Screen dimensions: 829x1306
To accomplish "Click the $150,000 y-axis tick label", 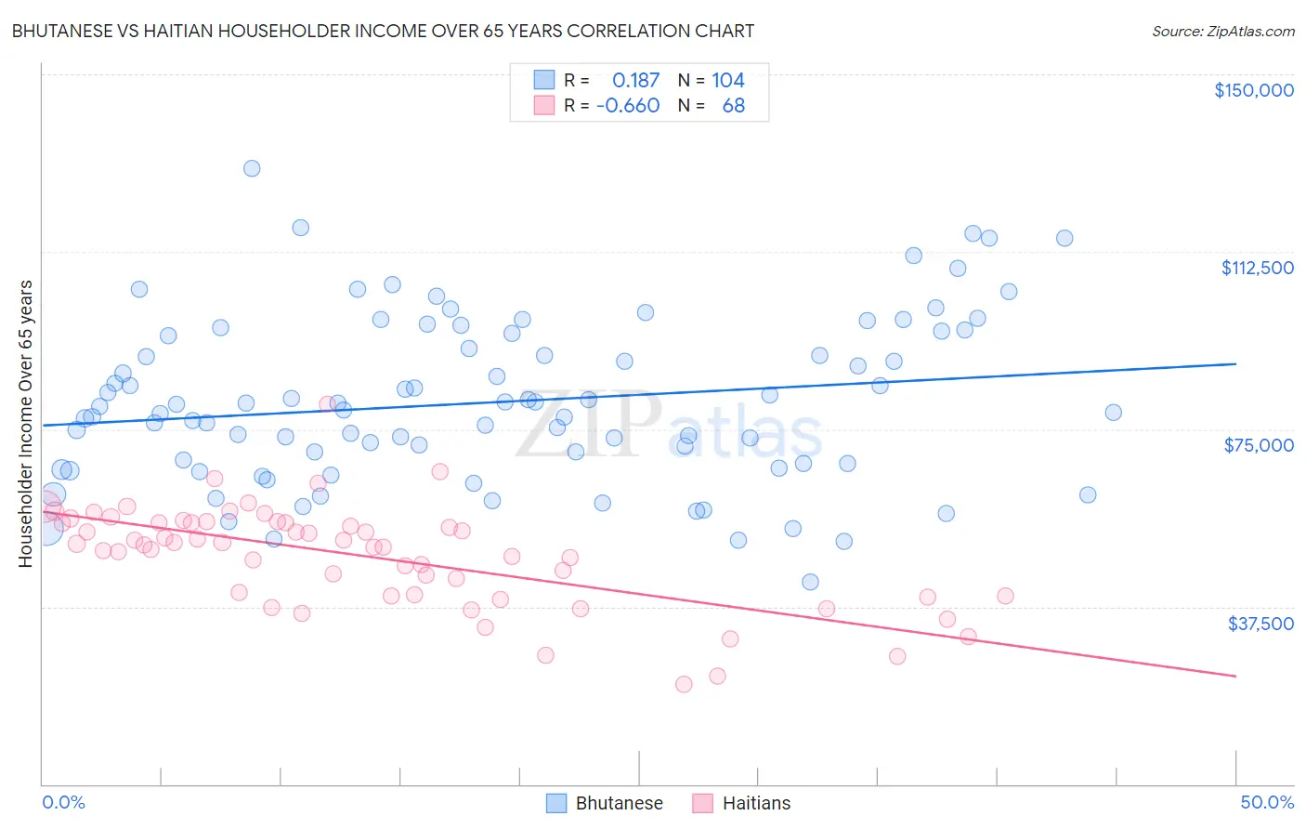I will pos(1253,90).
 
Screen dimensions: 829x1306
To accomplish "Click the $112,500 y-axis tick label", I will pos(1257,268).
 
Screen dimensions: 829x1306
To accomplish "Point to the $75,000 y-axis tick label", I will pos(1259,445).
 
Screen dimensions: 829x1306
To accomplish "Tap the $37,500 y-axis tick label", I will pos(1260,624).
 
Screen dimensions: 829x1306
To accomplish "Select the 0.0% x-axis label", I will pos(63,802).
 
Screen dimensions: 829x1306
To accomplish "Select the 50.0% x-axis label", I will pos(1266,802).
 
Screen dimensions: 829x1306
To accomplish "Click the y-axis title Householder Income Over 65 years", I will pos(26,423).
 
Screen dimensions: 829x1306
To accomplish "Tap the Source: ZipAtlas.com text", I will pos(1222,31).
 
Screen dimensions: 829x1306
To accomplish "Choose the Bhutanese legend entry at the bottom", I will pos(619,803).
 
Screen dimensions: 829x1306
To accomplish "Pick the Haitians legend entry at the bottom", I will pos(756,803).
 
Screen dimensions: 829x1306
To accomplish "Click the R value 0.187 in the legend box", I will pos(635,80).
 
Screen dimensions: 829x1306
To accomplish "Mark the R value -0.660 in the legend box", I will pos(628,105).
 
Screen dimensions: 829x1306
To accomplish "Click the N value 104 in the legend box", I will pos(728,80).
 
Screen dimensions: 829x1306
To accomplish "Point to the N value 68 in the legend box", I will pos(733,105).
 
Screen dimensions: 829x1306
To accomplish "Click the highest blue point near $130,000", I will pos(252,168).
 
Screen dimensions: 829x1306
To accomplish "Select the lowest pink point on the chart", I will pos(684,684).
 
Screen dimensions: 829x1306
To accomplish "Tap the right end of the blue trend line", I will pos(1235,363).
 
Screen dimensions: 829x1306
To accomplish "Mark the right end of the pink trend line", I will pos(1235,676).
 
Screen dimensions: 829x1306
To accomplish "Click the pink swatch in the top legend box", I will pos(544,105).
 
